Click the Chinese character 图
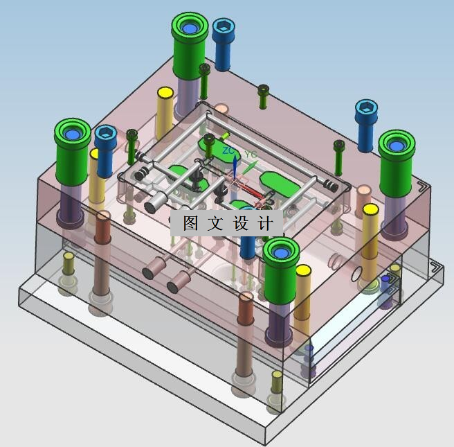pos(190,223)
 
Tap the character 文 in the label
pos(215,223)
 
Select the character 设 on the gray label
pos(241,223)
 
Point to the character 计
pos(265,223)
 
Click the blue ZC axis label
pos(228,151)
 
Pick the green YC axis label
pos(251,154)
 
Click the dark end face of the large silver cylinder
pos(150,207)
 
